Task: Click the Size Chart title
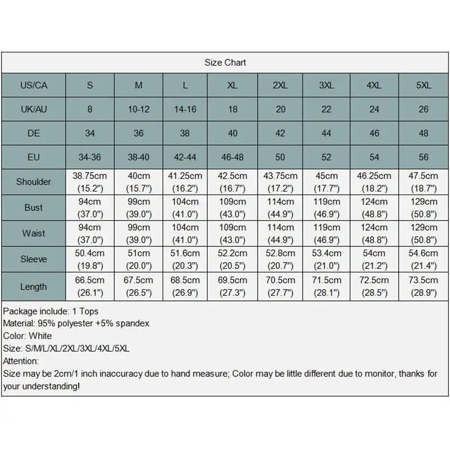point(225,62)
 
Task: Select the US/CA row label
point(33,85)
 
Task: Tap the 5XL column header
point(423,85)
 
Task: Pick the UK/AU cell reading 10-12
point(138,109)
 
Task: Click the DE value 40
point(233,133)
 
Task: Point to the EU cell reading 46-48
point(233,157)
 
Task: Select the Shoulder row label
point(33,182)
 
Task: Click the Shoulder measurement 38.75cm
point(90,175)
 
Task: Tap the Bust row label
point(33,208)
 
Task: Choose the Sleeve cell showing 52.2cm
point(233,254)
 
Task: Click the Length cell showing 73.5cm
point(423,280)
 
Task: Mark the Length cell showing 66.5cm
point(90,280)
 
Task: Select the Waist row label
point(33,233)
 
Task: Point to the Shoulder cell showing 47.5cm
point(423,175)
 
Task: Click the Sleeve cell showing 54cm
point(374,254)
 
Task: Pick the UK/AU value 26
point(423,109)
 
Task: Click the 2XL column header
point(280,85)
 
